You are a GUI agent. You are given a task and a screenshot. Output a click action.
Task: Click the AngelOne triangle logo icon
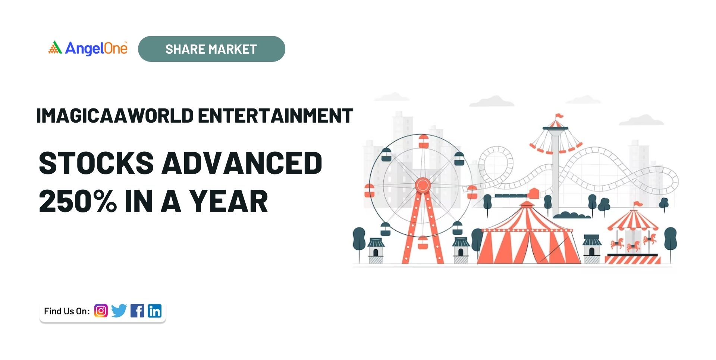[x=55, y=48]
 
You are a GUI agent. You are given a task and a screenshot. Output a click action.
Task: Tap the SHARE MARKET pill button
[x=211, y=49]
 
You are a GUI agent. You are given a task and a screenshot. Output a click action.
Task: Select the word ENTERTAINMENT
[x=275, y=116]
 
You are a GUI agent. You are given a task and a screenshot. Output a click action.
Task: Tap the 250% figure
[x=78, y=201]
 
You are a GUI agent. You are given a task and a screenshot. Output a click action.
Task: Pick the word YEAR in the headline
[x=229, y=201]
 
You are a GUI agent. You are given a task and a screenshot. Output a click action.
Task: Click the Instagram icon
[x=101, y=310]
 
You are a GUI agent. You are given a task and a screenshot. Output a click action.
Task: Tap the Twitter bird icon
[x=119, y=310]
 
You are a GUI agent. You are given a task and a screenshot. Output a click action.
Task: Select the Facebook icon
[x=137, y=310]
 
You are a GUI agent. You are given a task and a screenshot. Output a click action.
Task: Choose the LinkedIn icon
[x=155, y=310]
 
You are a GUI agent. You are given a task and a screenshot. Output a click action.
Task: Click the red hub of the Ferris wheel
[x=423, y=185]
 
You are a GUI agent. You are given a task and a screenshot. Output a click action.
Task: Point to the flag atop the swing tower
[x=559, y=116]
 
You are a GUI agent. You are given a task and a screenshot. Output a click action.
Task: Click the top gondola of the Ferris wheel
[x=424, y=142]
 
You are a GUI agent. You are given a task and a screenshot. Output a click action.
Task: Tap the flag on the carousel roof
[x=638, y=204]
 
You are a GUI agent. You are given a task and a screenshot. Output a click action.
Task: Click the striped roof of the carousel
[x=633, y=221]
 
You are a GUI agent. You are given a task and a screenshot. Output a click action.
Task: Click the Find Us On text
[x=67, y=311]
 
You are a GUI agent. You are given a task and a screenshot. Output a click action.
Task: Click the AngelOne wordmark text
[x=96, y=48]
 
